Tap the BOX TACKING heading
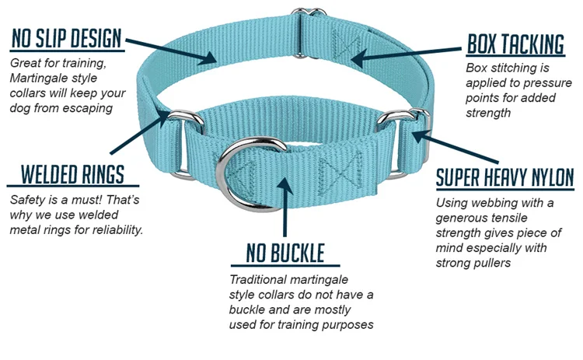click(x=515, y=44)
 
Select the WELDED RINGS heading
click(x=72, y=173)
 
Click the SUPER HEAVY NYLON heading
click(x=504, y=177)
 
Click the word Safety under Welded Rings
click(x=27, y=200)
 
